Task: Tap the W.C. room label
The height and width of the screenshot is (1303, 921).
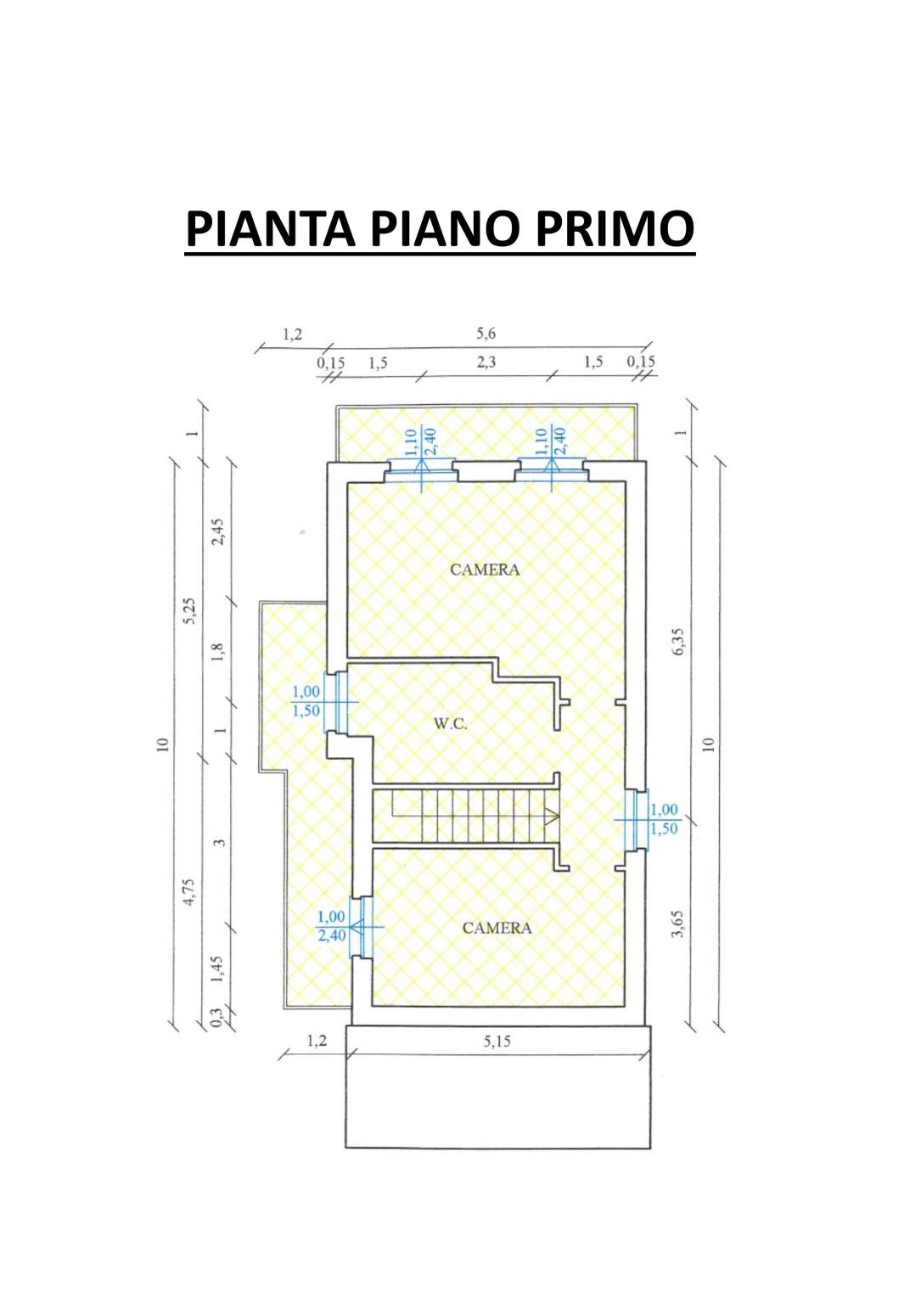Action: (x=451, y=725)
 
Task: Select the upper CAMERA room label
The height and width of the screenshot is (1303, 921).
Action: (x=485, y=570)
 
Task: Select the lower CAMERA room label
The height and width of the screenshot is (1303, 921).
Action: (x=497, y=928)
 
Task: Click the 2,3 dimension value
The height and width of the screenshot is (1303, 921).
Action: (x=486, y=362)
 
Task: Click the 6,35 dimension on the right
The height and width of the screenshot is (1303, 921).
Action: (x=678, y=641)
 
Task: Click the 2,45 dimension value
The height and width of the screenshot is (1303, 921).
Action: (x=219, y=531)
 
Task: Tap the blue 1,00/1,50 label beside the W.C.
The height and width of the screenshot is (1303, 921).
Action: (x=306, y=701)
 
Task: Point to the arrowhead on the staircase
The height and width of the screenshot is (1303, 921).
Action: (x=551, y=816)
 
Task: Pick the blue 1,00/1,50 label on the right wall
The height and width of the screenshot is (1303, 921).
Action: (x=664, y=819)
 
